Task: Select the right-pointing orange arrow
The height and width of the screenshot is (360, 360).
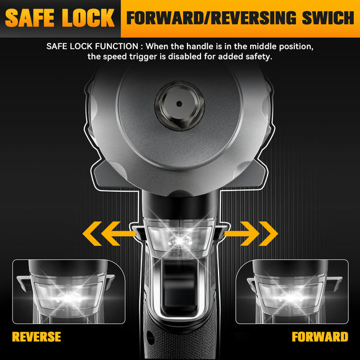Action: (x=252, y=234)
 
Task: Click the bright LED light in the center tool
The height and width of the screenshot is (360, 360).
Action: (x=180, y=238)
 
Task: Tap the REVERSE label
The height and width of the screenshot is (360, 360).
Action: (x=36, y=337)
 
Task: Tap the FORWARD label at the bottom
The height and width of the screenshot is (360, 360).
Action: (x=320, y=337)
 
